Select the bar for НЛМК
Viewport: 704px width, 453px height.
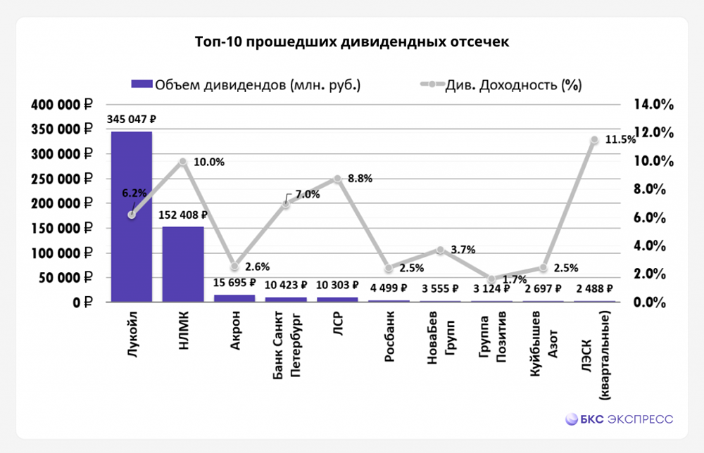click(x=183, y=264)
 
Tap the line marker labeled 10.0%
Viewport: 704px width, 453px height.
click(x=183, y=161)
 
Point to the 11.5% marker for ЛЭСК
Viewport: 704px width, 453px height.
click(x=594, y=140)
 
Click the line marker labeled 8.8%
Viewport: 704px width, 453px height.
click(x=338, y=179)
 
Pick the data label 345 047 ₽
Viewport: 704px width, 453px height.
click(x=131, y=120)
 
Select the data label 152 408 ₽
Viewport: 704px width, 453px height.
click(x=183, y=215)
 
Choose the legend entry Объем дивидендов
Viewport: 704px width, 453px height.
click(x=246, y=84)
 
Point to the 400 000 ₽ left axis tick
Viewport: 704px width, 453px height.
click(x=62, y=105)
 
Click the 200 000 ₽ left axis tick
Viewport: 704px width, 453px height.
click(x=62, y=204)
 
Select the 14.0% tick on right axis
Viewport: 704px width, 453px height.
click(x=654, y=105)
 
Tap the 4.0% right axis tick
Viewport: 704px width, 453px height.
click(x=654, y=246)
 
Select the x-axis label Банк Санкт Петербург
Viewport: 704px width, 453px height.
click(x=287, y=344)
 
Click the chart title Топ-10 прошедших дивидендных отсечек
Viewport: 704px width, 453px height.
click(x=351, y=42)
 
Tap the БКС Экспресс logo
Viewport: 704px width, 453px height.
click(x=620, y=419)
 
